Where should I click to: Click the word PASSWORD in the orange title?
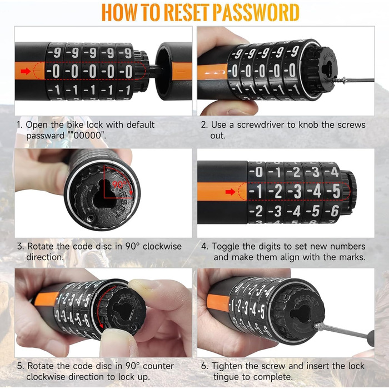[256, 12]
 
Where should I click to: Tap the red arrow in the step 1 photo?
[26, 72]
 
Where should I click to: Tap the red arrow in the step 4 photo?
[231, 192]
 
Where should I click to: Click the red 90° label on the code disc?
[119, 184]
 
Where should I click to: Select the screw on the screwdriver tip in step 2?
[340, 80]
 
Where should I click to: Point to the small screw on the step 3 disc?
[91, 218]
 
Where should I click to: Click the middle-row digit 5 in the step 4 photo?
[336, 191]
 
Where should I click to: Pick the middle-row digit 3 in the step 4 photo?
[297, 192]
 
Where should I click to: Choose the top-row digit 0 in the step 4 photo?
[259, 172]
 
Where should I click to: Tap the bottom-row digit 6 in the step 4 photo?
[335, 211]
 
